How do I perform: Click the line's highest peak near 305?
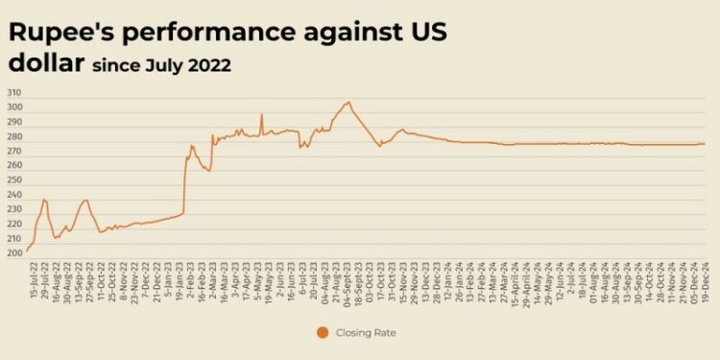pos(348,102)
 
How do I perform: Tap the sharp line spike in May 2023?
pos(261,115)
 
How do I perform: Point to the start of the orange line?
pos(27,251)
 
